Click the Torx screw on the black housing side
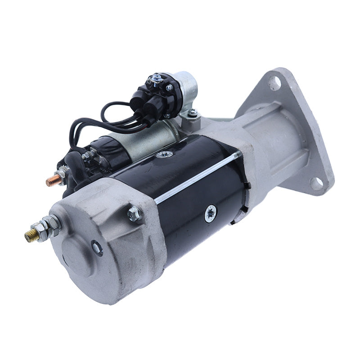coord(210,213)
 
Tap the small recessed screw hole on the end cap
coord(97,247)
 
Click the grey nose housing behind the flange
coord(283,135)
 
